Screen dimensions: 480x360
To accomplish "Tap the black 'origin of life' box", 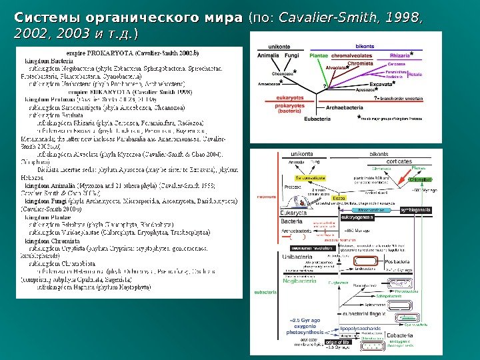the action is (337, 342).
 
